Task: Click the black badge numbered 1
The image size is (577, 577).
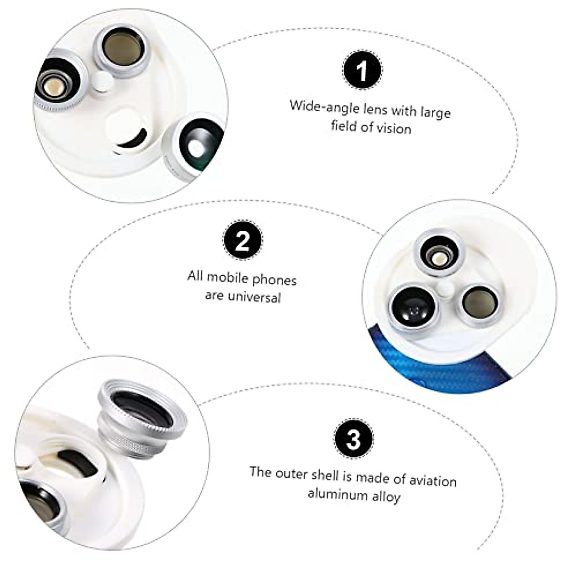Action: [x=362, y=70]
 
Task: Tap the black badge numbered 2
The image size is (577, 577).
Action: [x=242, y=239]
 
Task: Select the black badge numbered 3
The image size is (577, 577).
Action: [x=354, y=439]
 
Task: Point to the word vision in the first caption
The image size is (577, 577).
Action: [x=394, y=129]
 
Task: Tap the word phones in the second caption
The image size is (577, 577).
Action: [x=274, y=280]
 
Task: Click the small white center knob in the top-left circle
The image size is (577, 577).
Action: [x=103, y=82]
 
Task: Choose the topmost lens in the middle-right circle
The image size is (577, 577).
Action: [x=439, y=255]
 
